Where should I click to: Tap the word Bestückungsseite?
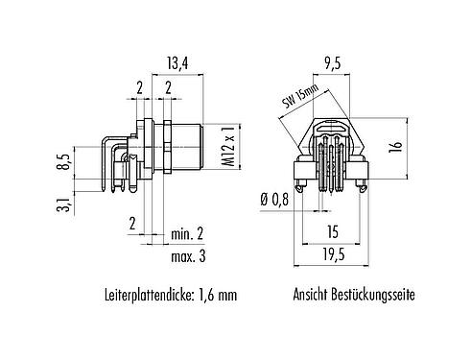click(374, 297)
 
